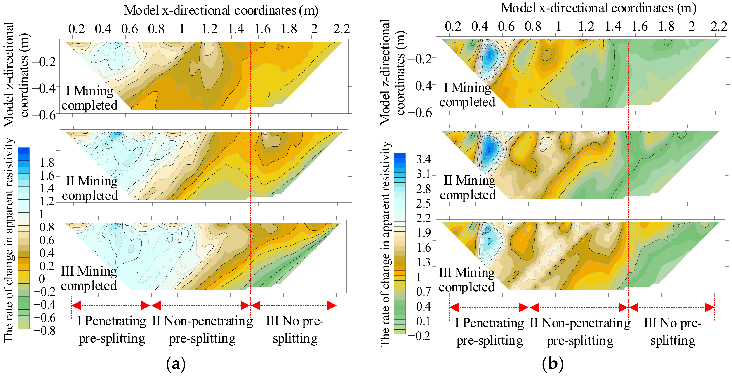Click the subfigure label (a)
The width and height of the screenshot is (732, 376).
click(x=176, y=364)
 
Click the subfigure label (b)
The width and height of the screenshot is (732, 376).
click(x=552, y=364)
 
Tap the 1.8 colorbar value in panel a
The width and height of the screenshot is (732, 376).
click(x=47, y=163)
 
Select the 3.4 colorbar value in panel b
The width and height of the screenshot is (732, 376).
click(x=423, y=159)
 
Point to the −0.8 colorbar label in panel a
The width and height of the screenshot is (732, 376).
click(x=45, y=331)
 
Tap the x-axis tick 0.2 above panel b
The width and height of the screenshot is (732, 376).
click(x=453, y=26)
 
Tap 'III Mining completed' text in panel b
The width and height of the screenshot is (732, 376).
click(x=467, y=280)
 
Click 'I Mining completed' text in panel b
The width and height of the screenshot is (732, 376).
click(x=467, y=95)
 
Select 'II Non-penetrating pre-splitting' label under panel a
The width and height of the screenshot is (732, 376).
click(x=202, y=330)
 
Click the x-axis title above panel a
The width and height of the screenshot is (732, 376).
click(x=221, y=11)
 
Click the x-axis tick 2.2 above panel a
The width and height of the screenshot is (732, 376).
click(x=341, y=29)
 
